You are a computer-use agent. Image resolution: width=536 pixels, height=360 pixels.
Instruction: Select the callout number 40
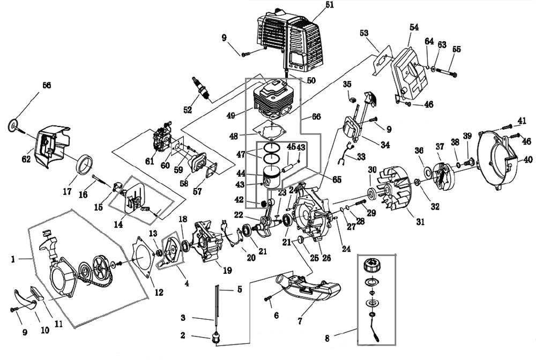click(x=528, y=160)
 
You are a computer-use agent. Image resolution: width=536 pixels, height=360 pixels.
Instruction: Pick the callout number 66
click(x=316, y=116)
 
